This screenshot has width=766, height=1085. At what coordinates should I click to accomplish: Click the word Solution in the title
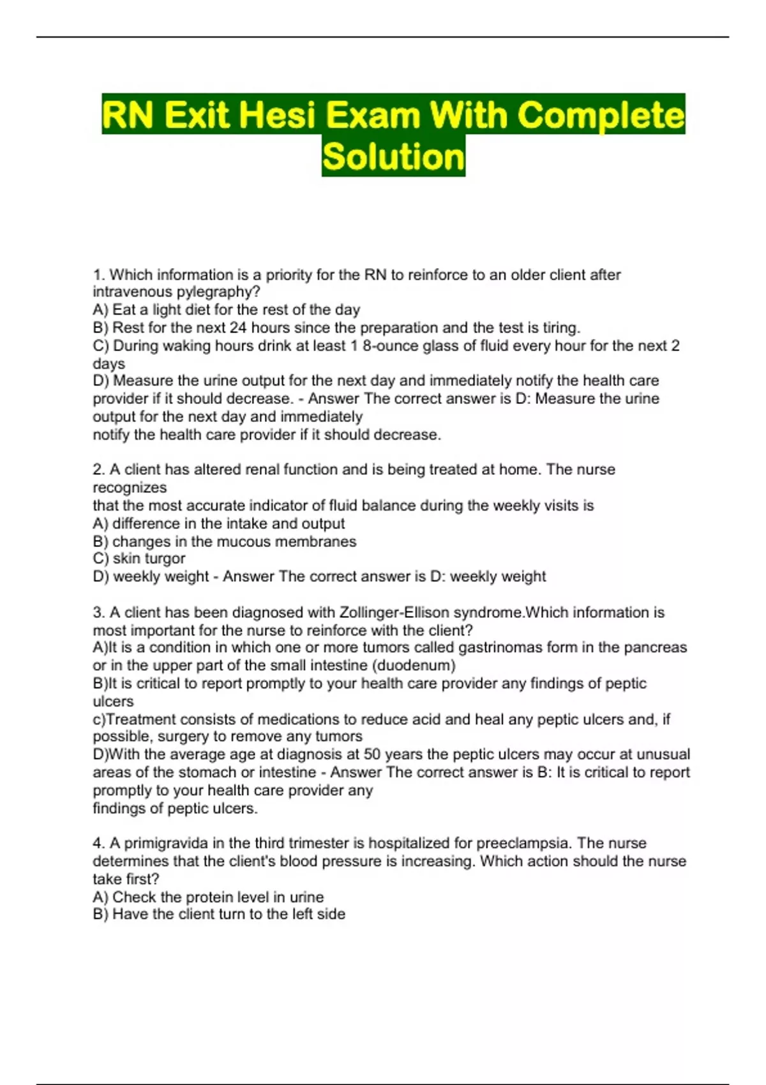[x=393, y=157]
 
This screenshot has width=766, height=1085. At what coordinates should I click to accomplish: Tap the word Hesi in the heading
[x=278, y=116]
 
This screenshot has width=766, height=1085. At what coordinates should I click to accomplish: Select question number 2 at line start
[x=98, y=470]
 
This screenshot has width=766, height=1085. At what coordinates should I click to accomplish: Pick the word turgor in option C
[x=167, y=559]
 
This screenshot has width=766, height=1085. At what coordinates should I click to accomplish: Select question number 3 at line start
[x=98, y=613]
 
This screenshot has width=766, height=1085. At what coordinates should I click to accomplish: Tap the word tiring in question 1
[x=560, y=328]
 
